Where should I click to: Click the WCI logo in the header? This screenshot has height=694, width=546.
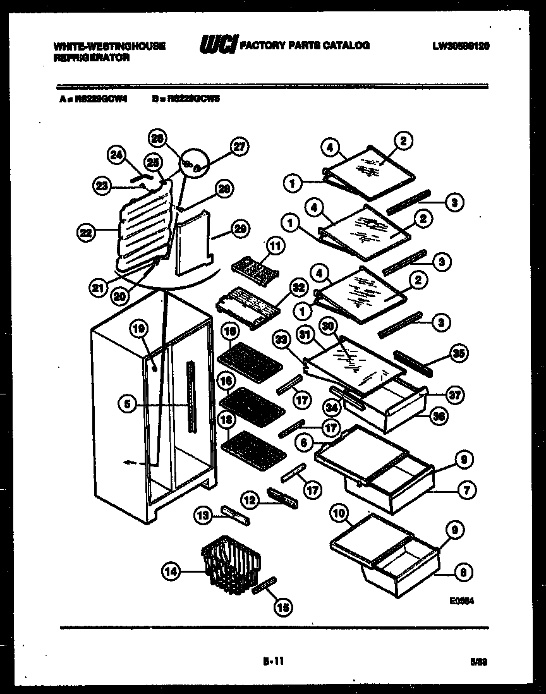(219, 46)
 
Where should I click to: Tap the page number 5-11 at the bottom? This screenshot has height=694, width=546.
(272, 662)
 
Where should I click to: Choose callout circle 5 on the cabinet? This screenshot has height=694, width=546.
(128, 405)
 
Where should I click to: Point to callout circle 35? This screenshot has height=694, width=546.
(459, 353)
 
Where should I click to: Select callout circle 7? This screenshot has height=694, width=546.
(468, 489)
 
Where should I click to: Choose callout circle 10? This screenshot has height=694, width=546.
(339, 514)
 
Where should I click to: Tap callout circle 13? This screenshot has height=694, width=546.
(202, 516)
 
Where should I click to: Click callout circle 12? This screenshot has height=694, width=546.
(250, 500)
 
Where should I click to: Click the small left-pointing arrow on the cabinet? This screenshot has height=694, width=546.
(129, 463)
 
